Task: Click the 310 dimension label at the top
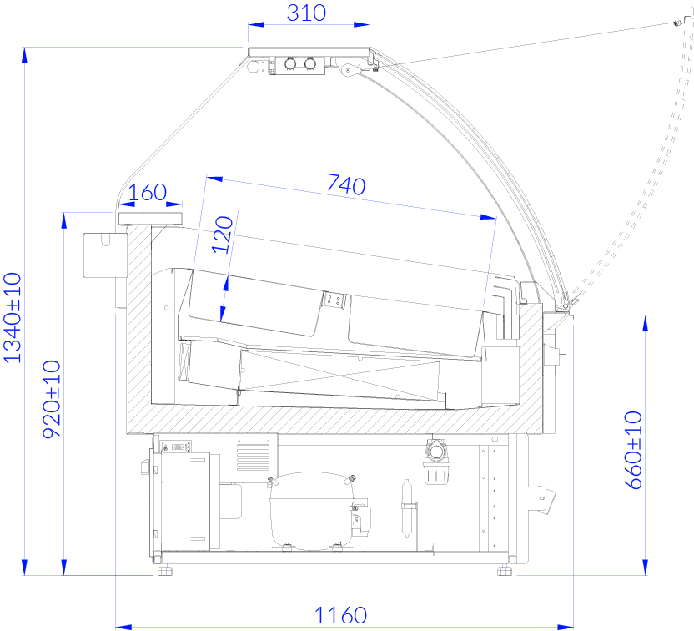[x=306, y=13]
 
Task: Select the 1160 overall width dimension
[x=340, y=615]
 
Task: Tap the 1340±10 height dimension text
[x=13, y=318]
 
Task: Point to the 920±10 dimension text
[x=52, y=399]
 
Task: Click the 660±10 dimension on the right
[x=633, y=450]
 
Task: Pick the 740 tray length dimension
[x=346, y=184]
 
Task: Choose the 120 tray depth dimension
[x=222, y=235]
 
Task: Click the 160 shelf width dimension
[x=148, y=192]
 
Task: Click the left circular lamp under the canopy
[x=290, y=63]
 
